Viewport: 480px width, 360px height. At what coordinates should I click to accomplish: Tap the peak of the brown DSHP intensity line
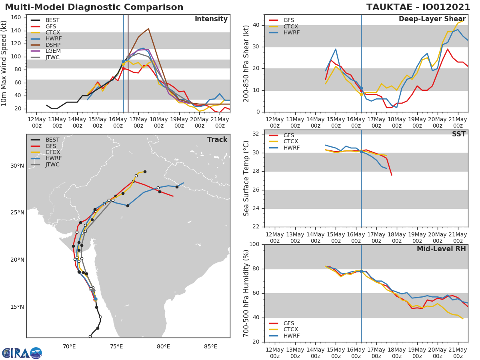click(x=148, y=29)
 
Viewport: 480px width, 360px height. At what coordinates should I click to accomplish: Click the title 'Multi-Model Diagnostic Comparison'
click(x=94, y=7)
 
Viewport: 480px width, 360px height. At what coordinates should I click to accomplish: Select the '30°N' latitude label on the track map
click(x=17, y=166)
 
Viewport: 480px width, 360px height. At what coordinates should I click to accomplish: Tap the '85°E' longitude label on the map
click(x=211, y=346)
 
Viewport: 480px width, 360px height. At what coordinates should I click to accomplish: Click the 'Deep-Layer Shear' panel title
click(x=432, y=19)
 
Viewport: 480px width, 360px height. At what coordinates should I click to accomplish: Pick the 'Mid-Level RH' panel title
click(x=441, y=249)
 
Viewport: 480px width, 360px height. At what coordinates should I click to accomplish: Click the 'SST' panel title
click(x=458, y=134)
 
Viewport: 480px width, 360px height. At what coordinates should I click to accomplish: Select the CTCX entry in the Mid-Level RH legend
click(x=291, y=330)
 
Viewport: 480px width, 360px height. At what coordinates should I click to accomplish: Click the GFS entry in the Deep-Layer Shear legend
click(x=288, y=20)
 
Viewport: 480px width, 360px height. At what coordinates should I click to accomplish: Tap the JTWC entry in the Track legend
click(x=52, y=165)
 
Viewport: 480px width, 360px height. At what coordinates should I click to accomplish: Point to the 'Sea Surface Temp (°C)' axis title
click(x=246, y=178)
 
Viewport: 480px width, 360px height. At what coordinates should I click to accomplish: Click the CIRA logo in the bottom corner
click(x=22, y=353)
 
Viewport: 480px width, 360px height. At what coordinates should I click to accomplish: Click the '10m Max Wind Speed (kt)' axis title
click(x=5, y=63)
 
